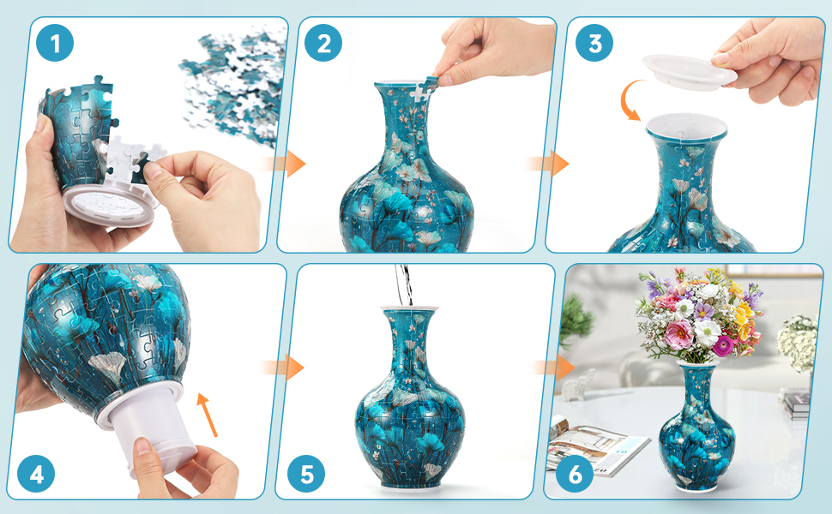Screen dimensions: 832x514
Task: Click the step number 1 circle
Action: point(55,43)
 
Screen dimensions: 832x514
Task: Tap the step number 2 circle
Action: point(323,43)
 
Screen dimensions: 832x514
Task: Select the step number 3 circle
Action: point(594,43)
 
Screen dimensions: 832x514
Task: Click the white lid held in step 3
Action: point(689,72)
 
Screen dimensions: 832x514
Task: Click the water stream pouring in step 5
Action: point(404,284)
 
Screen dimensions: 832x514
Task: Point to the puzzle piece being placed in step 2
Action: point(425,90)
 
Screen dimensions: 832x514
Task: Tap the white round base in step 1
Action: point(110,205)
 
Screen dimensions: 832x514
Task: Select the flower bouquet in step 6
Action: point(701,315)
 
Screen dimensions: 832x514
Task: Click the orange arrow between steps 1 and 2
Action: point(286,164)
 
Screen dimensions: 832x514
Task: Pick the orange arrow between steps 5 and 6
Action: point(554,368)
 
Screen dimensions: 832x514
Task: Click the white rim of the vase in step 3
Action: point(686,127)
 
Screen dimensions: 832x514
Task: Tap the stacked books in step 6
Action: point(795,403)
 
